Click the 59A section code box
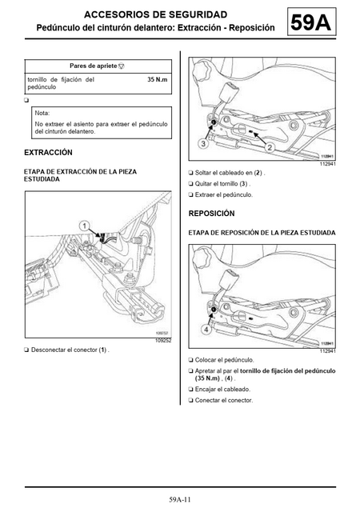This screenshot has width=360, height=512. pyautogui.click(x=312, y=22)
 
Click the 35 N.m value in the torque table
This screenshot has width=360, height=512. pyautogui.click(x=157, y=79)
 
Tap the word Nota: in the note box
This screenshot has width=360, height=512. pyautogui.click(x=42, y=113)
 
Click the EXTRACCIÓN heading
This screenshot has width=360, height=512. pyautogui.click(x=48, y=153)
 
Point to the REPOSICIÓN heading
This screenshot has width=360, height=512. pyautogui.click(x=212, y=214)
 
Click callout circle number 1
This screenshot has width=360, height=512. pyautogui.click(x=85, y=226)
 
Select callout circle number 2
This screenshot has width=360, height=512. pyautogui.click(x=270, y=147)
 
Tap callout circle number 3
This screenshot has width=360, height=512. pyautogui.click(x=203, y=143)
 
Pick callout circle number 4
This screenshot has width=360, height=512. pyautogui.click(x=206, y=330)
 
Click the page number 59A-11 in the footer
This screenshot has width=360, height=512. pyautogui.click(x=180, y=499)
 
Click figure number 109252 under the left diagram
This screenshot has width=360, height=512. pyautogui.click(x=164, y=341)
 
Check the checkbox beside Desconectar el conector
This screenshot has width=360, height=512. pyautogui.click(x=26, y=350)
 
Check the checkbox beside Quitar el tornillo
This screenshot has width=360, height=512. pyautogui.click(x=190, y=184)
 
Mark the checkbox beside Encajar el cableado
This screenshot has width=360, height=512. pyautogui.click(x=190, y=390)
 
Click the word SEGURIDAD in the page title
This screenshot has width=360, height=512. pyautogui.click(x=198, y=14)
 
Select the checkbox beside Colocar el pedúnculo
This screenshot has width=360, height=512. pyautogui.click(x=190, y=360)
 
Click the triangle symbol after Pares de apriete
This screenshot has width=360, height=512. pyautogui.click(x=121, y=66)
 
